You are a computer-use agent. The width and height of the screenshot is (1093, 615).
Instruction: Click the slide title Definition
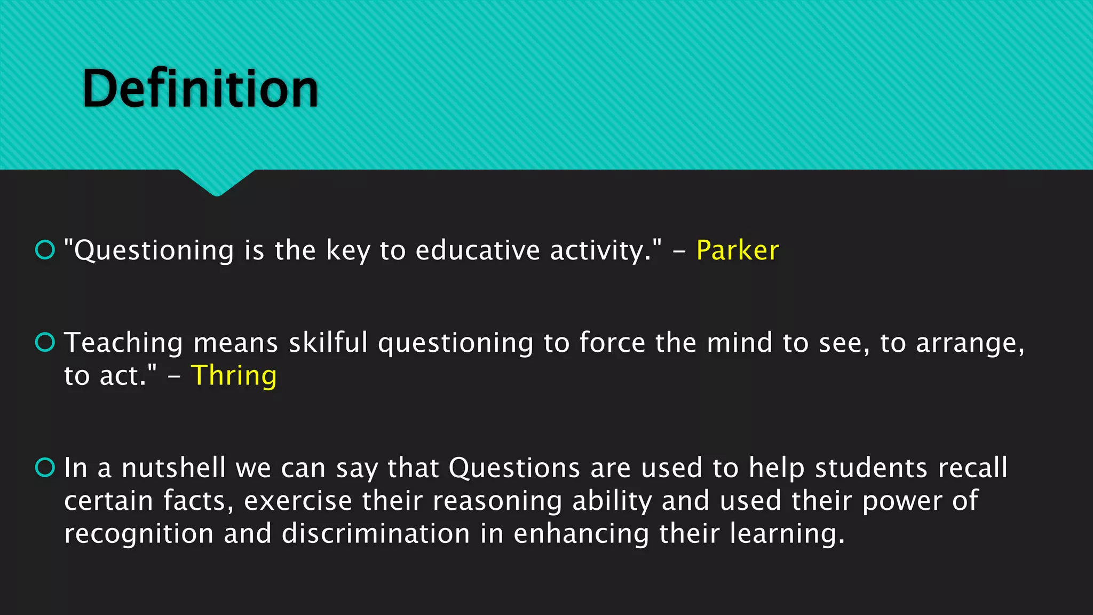click(200, 89)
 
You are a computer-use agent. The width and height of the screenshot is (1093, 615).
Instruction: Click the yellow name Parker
click(738, 250)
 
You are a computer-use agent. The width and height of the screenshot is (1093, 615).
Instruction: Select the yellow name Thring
click(234, 376)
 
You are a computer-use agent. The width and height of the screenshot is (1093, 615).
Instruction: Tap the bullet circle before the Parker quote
click(45, 249)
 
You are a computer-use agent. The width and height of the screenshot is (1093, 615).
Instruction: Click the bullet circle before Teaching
click(45, 342)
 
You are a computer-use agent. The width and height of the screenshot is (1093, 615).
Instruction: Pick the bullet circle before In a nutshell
click(45, 467)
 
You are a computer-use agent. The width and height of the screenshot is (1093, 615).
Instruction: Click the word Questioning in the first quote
click(154, 251)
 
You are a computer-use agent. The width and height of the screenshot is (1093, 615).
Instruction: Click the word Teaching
click(123, 343)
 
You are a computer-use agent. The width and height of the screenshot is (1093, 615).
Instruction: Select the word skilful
click(328, 343)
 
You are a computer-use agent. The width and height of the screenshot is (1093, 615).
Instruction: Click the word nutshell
click(173, 468)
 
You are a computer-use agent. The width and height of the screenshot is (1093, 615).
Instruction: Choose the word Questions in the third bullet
click(514, 468)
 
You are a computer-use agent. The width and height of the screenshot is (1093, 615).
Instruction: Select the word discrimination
click(376, 533)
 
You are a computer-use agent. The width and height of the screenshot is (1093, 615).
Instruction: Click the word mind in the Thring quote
click(739, 343)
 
